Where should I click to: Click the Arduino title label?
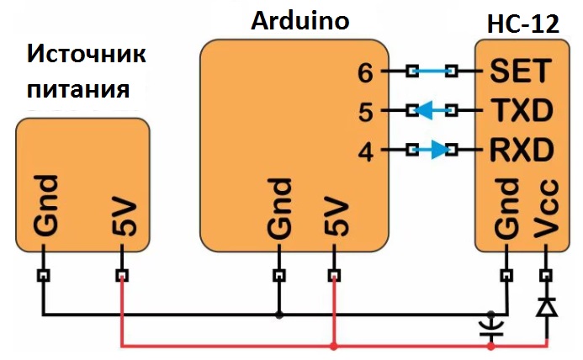(x=300, y=20)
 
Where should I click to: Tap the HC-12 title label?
(x=522, y=24)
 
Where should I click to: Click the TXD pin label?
(x=522, y=110)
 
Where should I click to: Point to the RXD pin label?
(x=522, y=151)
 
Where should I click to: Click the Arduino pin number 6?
(x=365, y=73)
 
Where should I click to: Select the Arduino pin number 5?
(x=365, y=111)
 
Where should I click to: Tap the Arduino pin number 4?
(x=365, y=152)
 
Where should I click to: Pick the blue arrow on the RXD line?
(x=434, y=151)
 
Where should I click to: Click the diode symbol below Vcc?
(x=547, y=308)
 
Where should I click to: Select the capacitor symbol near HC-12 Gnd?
(x=492, y=328)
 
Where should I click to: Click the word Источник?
(x=87, y=56)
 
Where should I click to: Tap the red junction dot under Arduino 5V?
(x=334, y=347)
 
